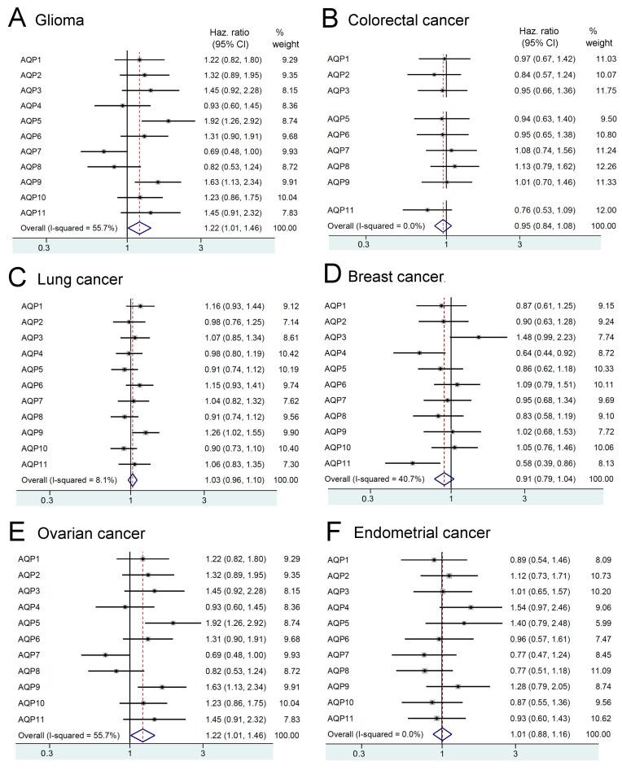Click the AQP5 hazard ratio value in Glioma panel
[x=230, y=120]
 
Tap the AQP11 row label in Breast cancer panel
[x=339, y=462]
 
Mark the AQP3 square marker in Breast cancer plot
[x=479, y=336]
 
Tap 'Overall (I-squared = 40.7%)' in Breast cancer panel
[x=375, y=479]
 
